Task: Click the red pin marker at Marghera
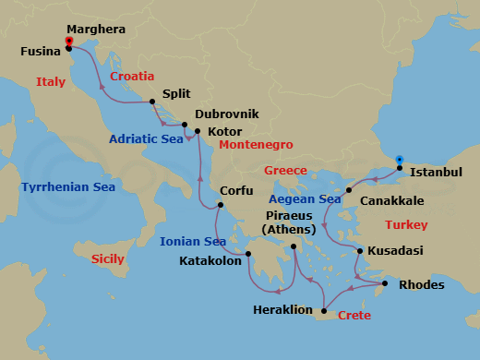coord(69,41)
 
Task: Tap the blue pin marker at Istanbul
coord(399,159)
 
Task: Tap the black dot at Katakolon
coord(248,255)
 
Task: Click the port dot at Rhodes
coord(386,282)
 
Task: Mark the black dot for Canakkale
coord(349,190)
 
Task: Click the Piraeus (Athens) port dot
coord(294,246)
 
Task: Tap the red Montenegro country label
coord(256,145)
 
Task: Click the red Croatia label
coord(132,77)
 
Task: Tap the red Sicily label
coord(108,259)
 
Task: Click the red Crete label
coord(354,316)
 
